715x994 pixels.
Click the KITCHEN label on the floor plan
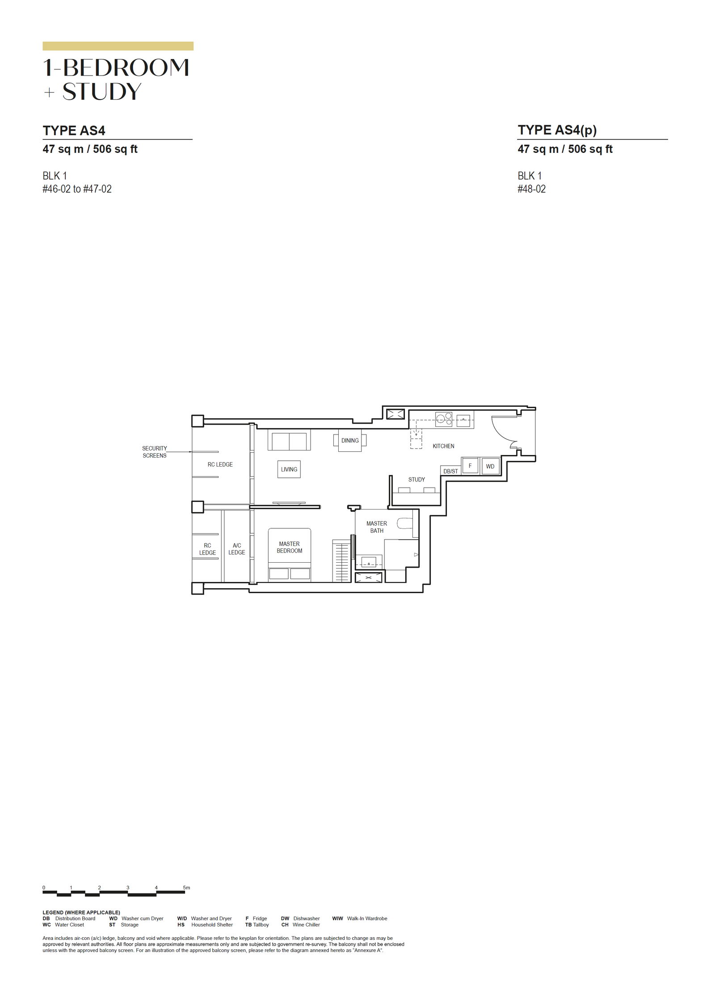pyautogui.click(x=443, y=446)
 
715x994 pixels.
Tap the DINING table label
pyautogui.click(x=350, y=441)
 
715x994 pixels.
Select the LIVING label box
pyautogui.click(x=289, y=469)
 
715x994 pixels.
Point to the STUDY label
pyautogui.click(x=416, y=480)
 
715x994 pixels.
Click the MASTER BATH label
pyautogui.click(x=377, y=527)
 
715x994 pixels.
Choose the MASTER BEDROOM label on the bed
pyautogui.click(x=290, y=547)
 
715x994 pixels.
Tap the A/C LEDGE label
pyautogui.click(x=237, y=549)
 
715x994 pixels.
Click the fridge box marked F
pyautogui.click(x=470, y=466)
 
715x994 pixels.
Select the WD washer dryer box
pyautogui.click(x=490, y=466)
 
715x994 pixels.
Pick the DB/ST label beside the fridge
pyautogui.click(x=450, y=471)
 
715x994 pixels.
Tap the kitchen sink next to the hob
pyautogui.click(x=463, y=420)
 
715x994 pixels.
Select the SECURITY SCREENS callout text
pyautogui.click(x=155, y=452)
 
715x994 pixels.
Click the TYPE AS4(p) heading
pyautogui.click(x=557, y=130)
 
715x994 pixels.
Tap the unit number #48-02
pyautogui.click(x=532, y=189)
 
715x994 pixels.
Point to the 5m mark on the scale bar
pyautogui.click(x=186, y=887)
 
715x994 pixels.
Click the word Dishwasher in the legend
pyautogui.click(x=307, y=918)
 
